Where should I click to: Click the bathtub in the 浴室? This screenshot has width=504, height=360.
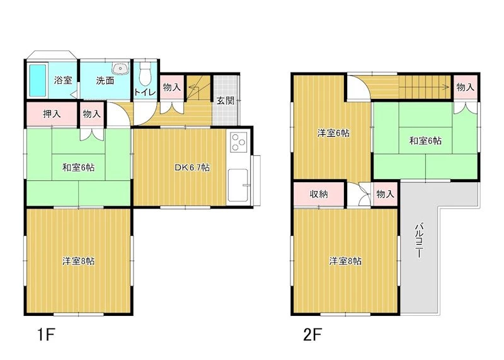(x=38, y=81)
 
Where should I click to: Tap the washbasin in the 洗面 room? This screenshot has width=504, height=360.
(x=120, y=68)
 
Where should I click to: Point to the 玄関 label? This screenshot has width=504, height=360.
(x=226, y=100)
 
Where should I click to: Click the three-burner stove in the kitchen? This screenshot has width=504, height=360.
(x=238, y=142)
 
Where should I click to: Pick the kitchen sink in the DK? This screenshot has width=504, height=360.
(x=238, y=185)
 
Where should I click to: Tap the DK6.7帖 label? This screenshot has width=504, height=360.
(x=192, y=167)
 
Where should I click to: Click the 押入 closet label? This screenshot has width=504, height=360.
(x=52, y=113)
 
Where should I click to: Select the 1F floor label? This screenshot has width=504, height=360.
(x=46, y=335)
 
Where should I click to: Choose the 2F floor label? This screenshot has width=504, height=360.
(x=312, y=335)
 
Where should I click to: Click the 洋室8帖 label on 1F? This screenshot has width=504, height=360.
(x=79, y=261)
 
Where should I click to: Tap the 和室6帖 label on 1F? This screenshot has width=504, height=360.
(x=79, y=167)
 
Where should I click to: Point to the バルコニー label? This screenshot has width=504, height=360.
(x=418, y=240)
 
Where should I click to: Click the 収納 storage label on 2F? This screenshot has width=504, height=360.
(x=319, y=194)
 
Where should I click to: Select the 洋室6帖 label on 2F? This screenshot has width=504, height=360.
(x=333, y=132)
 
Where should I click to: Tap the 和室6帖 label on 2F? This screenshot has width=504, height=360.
(x=425, y=141)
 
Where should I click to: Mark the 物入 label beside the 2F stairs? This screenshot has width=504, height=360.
(x=466, y=87)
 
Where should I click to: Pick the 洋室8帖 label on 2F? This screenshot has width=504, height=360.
(x=345, y=261)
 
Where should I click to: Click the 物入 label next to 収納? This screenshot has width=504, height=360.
(x=385, y=194)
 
